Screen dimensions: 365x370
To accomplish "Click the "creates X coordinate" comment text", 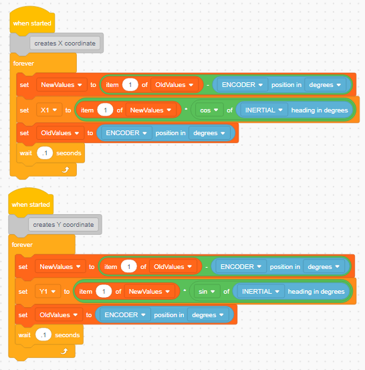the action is pos(65,43).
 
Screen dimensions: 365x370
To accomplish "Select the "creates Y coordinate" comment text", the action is pos(64,224).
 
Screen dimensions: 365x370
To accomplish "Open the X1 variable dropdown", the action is pos(49,110).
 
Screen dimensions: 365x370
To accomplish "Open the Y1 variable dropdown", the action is pos(48,292).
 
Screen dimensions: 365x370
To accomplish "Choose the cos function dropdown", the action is pos(209,110).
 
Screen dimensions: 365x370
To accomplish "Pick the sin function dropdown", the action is pos(207,292).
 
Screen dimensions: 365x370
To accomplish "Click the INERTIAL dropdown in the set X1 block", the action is pos(263,110).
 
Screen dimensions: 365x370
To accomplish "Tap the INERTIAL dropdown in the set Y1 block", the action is pos(260,292).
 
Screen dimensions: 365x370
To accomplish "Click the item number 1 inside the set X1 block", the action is pos(105,110).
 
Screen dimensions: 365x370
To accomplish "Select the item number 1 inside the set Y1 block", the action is pos(104,292).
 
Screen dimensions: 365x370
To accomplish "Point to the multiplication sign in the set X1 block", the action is pos(186,109).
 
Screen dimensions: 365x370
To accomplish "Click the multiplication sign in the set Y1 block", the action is pos(185,290).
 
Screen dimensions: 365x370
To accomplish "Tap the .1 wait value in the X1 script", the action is pos(45,153).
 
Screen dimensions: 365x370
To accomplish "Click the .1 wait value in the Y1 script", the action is pos(43,335).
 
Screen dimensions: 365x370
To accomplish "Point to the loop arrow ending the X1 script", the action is pos(66,169).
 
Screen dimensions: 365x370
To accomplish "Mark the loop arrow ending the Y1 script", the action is pos(64,351).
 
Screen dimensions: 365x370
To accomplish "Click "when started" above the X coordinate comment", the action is pos(32,23).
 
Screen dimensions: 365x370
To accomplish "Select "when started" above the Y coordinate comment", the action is pos(31,204).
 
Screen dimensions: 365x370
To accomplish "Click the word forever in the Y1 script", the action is pos(22,245).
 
